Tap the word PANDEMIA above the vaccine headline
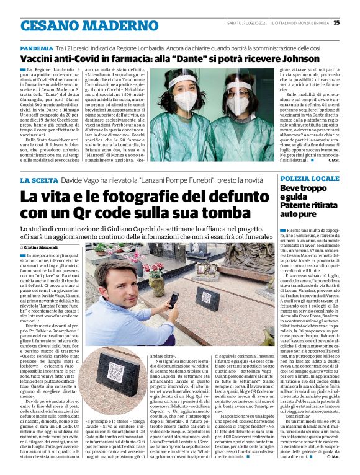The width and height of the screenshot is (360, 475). click(x=36, y=47)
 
